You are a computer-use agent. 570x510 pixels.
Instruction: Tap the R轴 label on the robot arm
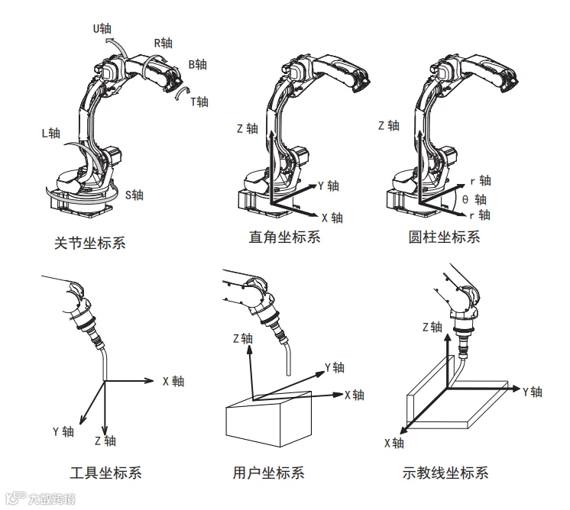click(x=164, y=43)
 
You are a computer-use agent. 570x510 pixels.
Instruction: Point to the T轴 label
click(x=199, y=102)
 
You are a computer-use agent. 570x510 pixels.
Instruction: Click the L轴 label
click(x=50, y=132)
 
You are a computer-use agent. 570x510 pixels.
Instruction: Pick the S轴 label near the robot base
click(x=134, y=195)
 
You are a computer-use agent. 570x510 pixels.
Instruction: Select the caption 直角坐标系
click(x=284, y=237)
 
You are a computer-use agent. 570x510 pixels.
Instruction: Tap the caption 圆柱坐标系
click(x=445, y=237)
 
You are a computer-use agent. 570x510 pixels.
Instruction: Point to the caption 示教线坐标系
click(x=445, y=473)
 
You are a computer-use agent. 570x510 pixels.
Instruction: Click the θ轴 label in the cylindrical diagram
click(x=475, y=199)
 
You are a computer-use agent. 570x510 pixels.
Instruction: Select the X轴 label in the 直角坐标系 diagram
click(x=332, y=218)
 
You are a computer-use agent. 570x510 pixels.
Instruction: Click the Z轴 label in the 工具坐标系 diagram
click(x=105, y=441)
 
